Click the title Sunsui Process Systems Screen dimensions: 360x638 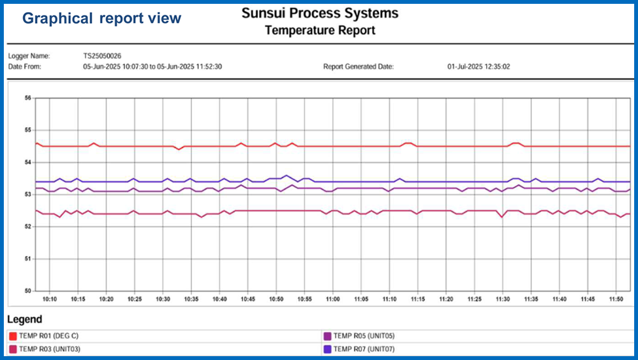(x=320, y=13)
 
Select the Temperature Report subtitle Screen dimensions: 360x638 (x=320, y=30)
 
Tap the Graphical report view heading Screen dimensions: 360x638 (x=102, y=19)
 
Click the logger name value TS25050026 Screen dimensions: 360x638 (x=102, y=56)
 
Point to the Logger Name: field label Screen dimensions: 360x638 (x=29, y=56)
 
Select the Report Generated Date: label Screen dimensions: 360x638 (x=359, y=66)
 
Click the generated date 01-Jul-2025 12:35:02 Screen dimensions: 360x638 (x=479, y=66)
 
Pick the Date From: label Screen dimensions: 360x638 (x=25, y=66)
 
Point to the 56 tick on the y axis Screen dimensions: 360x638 (x=27, y=98)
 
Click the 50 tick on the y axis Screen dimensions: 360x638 (x=27, y=291)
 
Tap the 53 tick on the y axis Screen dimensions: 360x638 (x=27, y=195)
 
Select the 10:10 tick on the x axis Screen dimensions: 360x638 (x=50, y=299)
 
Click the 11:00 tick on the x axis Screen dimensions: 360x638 (x=332, y=299)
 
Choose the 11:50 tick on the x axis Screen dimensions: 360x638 (x=615, y=299)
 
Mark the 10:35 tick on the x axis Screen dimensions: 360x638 (x=191, y=299)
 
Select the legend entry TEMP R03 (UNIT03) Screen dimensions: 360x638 (x=49, y=349)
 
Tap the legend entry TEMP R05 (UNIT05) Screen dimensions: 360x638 (x=364, y=336)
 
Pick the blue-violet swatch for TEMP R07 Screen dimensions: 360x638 (x=327, y=349)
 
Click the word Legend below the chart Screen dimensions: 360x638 (x=25, y=319)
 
